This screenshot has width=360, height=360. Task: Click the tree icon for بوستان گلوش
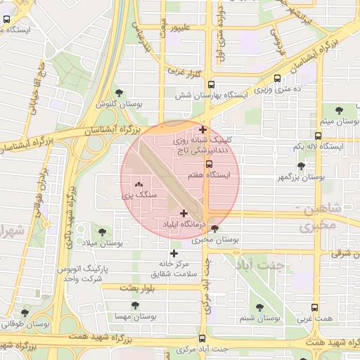(118, 92)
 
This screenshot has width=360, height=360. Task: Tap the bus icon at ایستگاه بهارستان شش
(279, 79)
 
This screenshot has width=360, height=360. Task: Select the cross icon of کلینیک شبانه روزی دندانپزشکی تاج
(203, 129)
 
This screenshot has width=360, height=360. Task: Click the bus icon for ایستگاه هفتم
(209, 164)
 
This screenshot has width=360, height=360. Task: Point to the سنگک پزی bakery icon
(148, 184)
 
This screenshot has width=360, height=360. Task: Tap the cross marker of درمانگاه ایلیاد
(184, 213)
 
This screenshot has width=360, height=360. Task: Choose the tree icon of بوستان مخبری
(214, 229)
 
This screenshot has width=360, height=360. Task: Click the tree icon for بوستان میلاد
(103, 231)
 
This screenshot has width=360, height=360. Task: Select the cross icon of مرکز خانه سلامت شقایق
(174, 253)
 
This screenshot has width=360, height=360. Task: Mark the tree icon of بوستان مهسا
(135, 305)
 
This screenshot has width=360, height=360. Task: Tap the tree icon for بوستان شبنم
(259, 307)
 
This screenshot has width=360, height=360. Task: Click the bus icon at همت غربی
(314, 307)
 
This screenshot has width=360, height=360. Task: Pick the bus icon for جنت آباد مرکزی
(202, 338)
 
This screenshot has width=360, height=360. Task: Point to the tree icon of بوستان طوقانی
(25, 313)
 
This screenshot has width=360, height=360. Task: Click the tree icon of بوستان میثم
(340, 110)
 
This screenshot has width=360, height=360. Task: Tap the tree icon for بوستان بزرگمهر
(301, 167)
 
